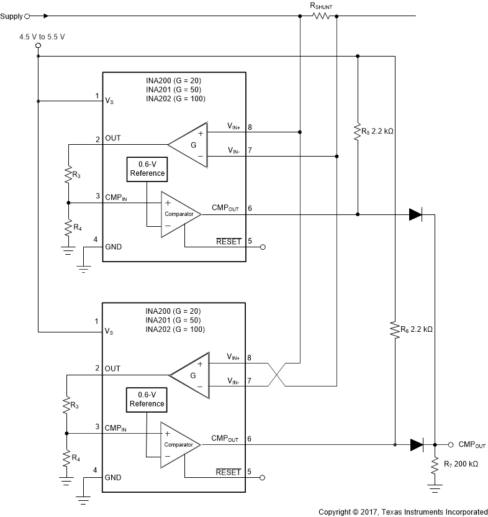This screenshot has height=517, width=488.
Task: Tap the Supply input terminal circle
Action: coord(27,16)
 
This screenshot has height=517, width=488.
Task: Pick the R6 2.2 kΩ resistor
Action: coord(394,329)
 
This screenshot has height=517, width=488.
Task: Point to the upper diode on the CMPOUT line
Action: coord(415,214)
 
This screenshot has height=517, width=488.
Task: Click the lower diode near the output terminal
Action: coord(417,444)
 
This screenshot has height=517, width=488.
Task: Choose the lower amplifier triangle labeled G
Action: coord(189,375)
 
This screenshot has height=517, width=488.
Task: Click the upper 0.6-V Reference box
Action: coord(147,170)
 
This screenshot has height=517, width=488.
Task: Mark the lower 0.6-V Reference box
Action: coord(147,400)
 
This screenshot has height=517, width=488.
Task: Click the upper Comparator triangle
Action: coord(180,214)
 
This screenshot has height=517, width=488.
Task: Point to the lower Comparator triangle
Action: coord(180,444)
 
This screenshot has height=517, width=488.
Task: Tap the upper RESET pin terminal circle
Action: coord(263,247)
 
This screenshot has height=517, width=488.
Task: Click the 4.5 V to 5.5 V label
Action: coord(42,37)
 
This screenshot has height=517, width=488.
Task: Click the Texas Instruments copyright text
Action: coord(403,511)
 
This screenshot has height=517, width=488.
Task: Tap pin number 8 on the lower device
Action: coord(249,359)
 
